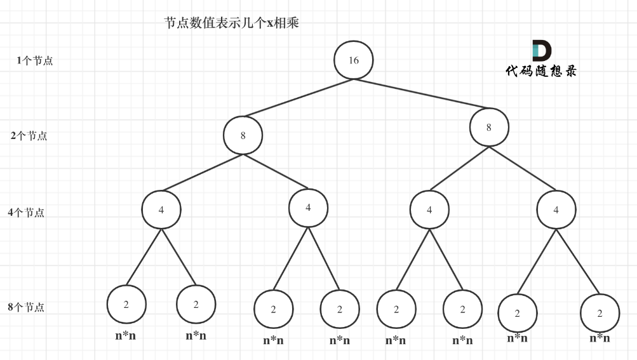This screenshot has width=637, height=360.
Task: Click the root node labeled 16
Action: [x=353, y=60]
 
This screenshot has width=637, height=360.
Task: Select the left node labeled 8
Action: [x=243, y=135]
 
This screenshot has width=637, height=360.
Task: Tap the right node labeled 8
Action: [x=488, y=127]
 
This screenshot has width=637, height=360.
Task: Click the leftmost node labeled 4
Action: [x=161, y=210]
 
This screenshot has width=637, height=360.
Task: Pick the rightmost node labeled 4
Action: [x=556, y=210]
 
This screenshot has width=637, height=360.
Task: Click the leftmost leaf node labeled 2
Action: [x=126, y=305]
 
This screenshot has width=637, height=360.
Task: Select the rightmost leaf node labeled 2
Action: [x=600, y=313]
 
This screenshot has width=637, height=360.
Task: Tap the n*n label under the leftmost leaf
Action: [x=125, y=336]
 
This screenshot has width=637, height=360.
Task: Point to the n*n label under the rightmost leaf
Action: [x=600, y=338]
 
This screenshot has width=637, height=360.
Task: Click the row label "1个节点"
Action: [x=35, y=61]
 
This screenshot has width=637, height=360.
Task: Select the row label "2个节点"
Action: [x=29, y=136]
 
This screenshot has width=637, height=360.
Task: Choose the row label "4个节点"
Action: [x=26, y=213]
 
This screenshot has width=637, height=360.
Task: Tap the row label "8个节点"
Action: [x=26, y=307]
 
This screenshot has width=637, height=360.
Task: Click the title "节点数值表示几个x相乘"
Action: [x=231, y=23]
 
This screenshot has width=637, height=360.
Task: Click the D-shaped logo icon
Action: [x=541, y=51]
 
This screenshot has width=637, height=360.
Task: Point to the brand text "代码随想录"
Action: [x=541, y=71]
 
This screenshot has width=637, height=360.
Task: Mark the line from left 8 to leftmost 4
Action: [x=202, y=173]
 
